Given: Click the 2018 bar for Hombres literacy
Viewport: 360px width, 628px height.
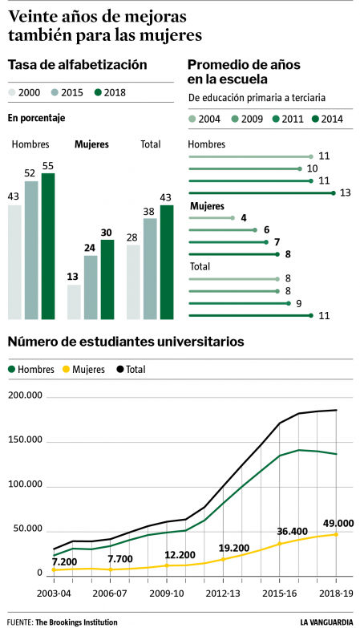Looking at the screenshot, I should pos(48,245).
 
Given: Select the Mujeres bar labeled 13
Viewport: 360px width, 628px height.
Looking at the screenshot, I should pos(74,302).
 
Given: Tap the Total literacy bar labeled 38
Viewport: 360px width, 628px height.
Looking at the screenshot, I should pos(150,269).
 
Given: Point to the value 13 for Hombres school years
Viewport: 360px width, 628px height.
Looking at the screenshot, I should pos(345,192).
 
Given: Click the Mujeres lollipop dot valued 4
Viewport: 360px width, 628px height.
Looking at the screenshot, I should pos(233,217).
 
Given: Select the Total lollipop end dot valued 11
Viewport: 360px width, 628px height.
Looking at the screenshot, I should pos(312,316).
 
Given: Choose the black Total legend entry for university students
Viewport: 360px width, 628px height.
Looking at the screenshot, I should pos(132,370).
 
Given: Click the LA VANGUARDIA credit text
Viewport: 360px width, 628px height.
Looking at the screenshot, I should pos(327,622).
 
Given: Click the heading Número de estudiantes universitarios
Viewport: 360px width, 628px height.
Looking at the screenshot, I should pos(126,342).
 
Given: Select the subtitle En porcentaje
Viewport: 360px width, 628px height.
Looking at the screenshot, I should pos(36,118).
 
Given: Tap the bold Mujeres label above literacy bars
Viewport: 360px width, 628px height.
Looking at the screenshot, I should pos(91,145).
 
